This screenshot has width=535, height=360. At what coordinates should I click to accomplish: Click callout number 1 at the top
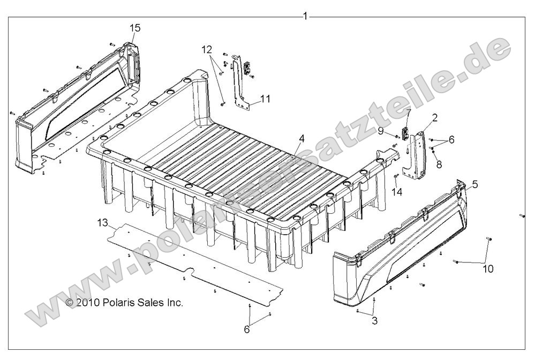pyautogui.click(x=305, y=16)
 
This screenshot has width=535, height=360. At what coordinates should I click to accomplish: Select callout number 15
pyautogui.click(x=135, y=27)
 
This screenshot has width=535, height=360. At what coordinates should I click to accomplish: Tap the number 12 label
pyautogui.click(x=207, y=50)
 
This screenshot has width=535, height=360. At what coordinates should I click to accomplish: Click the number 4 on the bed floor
pyautogui.click(x=302, y=138)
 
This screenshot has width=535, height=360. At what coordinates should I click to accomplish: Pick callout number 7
pyautogui.click(x=409, y=112)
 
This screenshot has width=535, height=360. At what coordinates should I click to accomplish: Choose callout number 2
pyautogui.click(x=435, y=117)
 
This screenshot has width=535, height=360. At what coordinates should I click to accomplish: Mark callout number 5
pyautogui.click(x=475, y=184)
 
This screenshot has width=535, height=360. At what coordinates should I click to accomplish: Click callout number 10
pyautogui.click(x=487, y=269)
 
